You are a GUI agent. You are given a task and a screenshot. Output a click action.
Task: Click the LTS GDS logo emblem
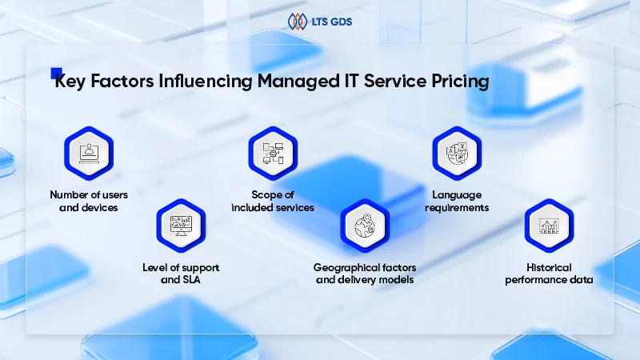(x=298, y=21)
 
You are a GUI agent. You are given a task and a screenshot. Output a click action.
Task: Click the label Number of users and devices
(x=89, y=201)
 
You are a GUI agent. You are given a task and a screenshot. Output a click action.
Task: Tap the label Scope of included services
(x=273, y=201)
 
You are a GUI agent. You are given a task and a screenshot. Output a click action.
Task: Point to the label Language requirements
(x=457, y=201)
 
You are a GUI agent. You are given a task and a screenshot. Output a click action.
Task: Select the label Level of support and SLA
(x=181, y=274)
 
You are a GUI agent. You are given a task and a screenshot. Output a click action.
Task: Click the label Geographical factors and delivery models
(x=365, y=274)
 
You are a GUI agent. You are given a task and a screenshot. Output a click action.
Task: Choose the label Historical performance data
(x=549, y=274)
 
